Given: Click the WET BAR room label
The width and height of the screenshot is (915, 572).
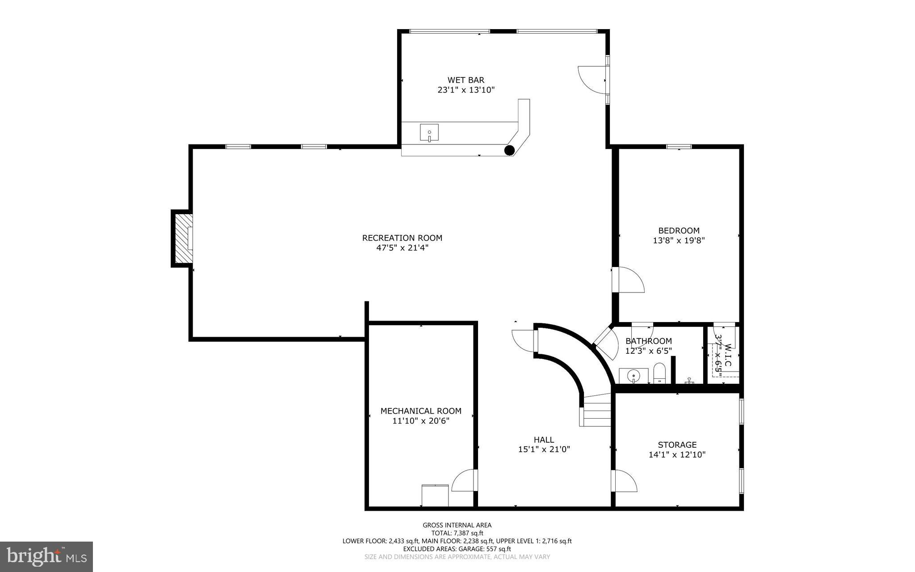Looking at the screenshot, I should (x=466, y=80).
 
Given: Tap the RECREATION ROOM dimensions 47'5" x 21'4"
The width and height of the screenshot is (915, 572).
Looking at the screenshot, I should (x=402, y=248).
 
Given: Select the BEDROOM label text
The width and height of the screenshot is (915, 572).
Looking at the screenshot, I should (x=679, y=231).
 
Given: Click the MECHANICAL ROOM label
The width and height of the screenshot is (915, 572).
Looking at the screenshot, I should (x=420, y=411).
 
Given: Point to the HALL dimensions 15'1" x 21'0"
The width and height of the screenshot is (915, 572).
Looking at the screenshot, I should (x=544, y=449).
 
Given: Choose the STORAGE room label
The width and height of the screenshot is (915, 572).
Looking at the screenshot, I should (x=677, y=445).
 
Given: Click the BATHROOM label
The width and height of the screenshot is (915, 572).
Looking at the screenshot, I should (x=648, y=341).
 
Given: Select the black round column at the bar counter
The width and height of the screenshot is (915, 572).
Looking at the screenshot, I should (x=509, y=150).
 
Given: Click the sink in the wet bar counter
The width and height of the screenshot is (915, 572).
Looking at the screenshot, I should (x=429, y=133).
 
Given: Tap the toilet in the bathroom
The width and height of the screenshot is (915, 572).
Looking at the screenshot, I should (x=659, y=373).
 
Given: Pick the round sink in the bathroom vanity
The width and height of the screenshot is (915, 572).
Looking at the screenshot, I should (x=633, y=376).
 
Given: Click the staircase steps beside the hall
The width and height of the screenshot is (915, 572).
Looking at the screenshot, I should (x=597, y=414).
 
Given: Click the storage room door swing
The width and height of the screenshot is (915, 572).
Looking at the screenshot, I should (x=624, y=481).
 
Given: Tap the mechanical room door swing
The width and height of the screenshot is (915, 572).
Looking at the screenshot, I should (x=465, y=481).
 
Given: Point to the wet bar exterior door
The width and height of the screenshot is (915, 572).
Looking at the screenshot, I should (x=592, y=80).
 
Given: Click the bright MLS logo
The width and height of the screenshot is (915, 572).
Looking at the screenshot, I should (x=46, y=556).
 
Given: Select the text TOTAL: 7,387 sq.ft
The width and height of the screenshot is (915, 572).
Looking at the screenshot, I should (x=457, y=533).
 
